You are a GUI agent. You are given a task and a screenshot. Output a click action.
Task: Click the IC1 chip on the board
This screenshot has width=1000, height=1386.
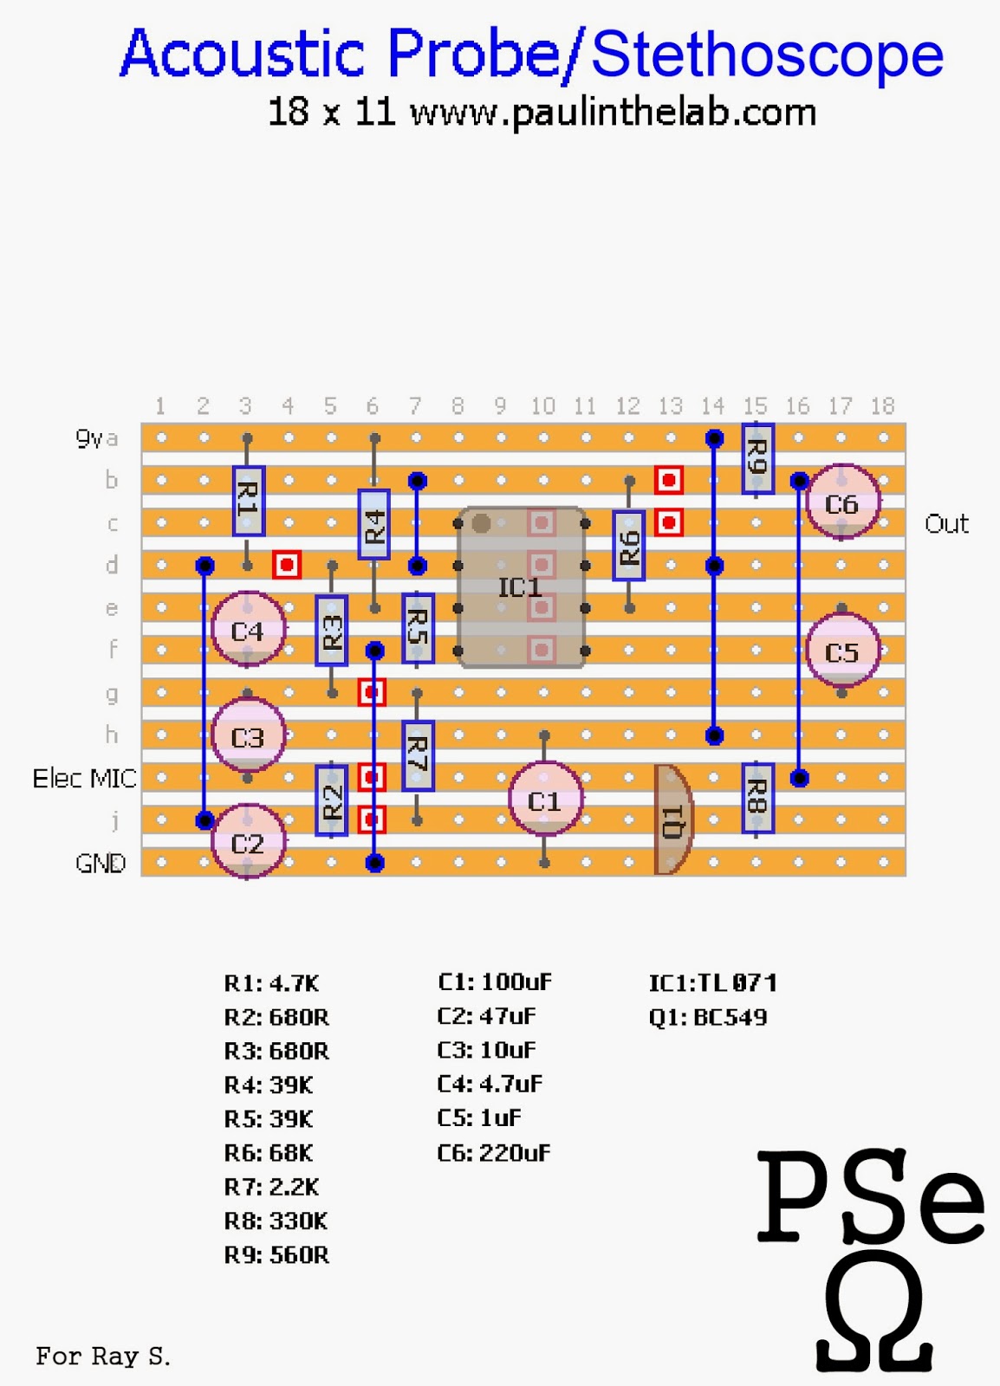521,587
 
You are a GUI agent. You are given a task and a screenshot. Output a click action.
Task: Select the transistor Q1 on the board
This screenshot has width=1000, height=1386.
672,819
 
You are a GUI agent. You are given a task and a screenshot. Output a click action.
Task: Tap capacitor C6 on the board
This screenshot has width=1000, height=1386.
841,502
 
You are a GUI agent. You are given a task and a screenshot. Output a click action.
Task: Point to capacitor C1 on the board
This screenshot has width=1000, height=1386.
544,800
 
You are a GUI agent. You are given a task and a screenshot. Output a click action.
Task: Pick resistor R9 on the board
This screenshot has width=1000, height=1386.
756,458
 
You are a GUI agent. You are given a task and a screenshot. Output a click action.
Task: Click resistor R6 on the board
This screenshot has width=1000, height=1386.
629,546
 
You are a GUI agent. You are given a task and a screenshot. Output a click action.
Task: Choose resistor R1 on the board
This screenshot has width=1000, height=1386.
248,501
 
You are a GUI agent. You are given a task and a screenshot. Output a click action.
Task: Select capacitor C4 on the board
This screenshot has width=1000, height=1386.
248,630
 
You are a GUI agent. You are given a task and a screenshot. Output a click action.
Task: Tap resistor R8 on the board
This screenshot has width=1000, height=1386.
756,798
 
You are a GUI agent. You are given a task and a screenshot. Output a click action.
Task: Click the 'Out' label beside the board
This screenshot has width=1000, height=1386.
946,524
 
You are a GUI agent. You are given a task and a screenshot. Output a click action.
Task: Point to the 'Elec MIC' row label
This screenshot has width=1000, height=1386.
84,778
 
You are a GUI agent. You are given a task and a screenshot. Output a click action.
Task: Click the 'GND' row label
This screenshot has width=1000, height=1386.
101,863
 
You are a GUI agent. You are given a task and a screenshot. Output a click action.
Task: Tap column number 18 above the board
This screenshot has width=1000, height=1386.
882,405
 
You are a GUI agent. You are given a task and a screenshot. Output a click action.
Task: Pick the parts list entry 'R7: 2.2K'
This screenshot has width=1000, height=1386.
271,1187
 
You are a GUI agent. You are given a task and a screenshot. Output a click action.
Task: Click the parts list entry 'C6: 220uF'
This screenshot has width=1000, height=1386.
493,1153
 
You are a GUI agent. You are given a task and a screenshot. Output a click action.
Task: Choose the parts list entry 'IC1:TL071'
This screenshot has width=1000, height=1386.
712,982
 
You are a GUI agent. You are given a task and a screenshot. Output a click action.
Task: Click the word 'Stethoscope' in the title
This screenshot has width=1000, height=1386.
767,54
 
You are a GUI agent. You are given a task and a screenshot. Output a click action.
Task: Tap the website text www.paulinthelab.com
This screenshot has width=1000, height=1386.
613,113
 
